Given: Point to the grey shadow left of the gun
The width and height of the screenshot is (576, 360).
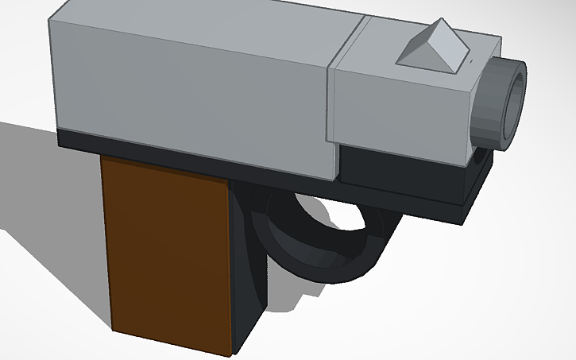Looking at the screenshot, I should point(48,183).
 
